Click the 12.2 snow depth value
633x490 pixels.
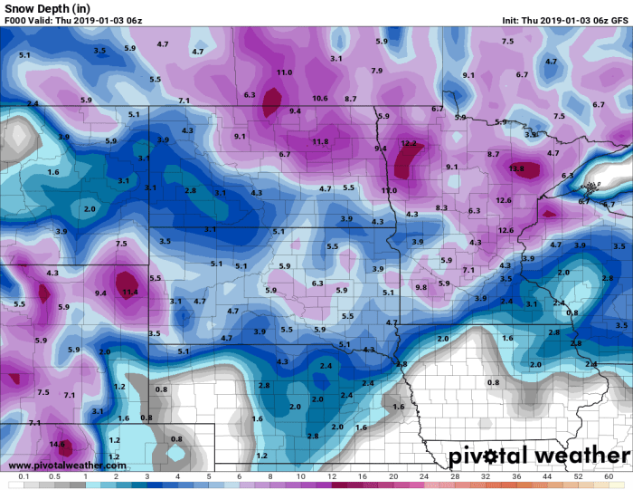point(409,143)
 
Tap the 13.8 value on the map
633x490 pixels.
point(516,168)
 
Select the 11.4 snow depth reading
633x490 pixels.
point(130,292)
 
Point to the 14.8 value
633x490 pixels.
point(58,444)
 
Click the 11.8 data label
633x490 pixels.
point(320,141)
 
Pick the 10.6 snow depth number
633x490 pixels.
point(319,98)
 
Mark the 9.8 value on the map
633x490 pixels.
point(420,287)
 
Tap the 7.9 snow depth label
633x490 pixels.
point(376,71)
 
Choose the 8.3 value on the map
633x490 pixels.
point(441,207)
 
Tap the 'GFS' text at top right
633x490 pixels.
point(619,20)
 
